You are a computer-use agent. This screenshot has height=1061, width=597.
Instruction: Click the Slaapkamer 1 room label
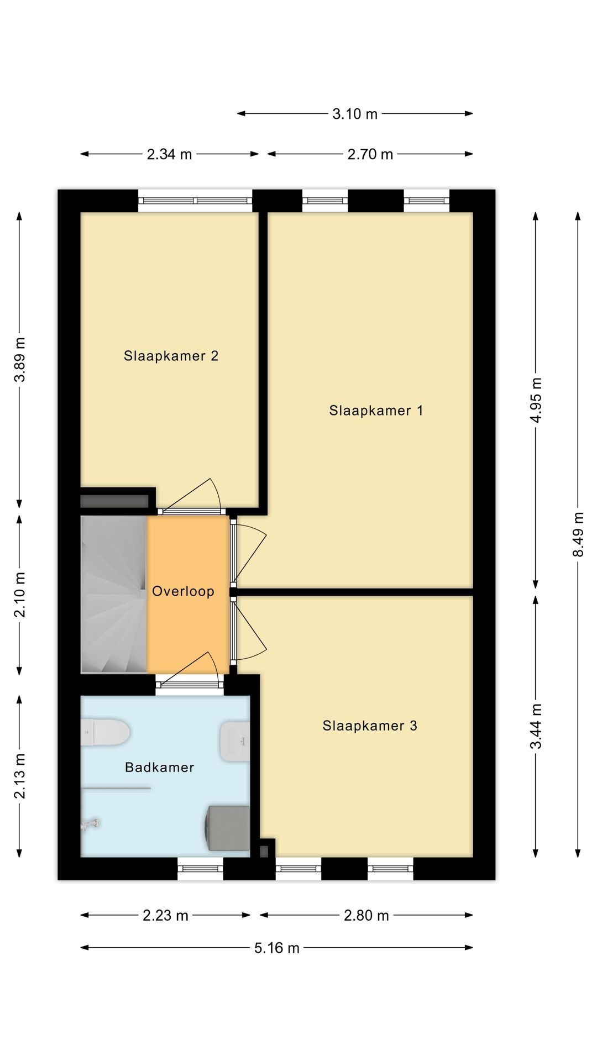[x=376, y=411]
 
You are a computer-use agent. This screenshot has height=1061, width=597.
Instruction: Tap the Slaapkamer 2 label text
[x=171, y=356]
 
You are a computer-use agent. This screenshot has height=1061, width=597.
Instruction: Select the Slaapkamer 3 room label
[x=370, y=726]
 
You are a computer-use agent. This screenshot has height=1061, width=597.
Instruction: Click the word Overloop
[x=183, y=591]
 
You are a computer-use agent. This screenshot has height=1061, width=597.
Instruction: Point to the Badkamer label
[x=159, y=767]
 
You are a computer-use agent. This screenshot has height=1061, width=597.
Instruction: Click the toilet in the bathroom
[x=106, y=732]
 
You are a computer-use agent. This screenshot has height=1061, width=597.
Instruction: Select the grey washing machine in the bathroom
[x=228, y=827]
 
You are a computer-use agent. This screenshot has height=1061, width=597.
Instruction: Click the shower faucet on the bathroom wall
[x=90, y=824]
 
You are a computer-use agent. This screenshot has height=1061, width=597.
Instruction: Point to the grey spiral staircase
[x=113, y=595]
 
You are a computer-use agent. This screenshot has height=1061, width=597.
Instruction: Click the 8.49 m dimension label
[x=578, y=534]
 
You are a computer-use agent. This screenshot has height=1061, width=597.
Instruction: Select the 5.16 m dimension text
[x=276, y=948]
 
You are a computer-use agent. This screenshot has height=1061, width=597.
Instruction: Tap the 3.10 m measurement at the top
[x=354, y=114]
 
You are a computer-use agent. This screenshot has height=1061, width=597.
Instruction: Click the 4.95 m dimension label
[x=536, y=400]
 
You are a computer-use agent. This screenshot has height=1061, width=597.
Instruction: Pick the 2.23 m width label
[x=165, y=916]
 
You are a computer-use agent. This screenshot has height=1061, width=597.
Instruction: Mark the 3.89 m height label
[x=20, y=359]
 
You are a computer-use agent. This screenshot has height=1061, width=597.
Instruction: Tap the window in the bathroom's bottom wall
[x=200, y=868]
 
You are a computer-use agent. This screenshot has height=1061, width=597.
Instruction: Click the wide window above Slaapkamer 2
[x=195, y=201]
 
